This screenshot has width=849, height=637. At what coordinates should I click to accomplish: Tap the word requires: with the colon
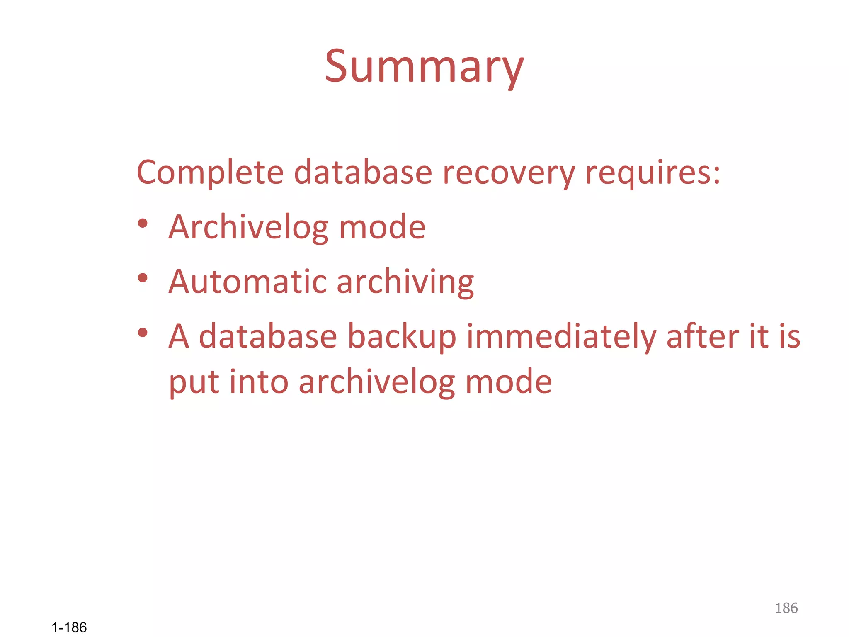pyautogui.click(x=653, y=173)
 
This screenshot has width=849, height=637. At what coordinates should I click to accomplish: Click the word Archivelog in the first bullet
pyautogui.click(x=248, y=227)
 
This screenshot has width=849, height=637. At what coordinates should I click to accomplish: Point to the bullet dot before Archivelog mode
pyautogui.click(x=143, y=224)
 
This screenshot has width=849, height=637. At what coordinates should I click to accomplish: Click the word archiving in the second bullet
pyautogui.click(x=405, y=282)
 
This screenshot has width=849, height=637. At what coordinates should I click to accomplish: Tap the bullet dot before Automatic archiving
pyautogui.click(x=143, y=278)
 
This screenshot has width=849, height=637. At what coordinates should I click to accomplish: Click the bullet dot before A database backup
pyautogui.click(x=143, y=332)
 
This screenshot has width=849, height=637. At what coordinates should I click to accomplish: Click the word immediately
pyautogui.click(x=561, y=336)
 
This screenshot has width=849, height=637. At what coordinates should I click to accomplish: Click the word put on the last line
pyautogui.click(x=194, y=382)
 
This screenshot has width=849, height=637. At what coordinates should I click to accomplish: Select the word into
pyautogui.click(x=259, y=382)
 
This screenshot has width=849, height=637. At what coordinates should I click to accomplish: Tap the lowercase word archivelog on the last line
pyautogui.click(x=377, y=382)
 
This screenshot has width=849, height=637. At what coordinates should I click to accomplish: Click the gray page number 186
pyautogui.click(x=786, y=608)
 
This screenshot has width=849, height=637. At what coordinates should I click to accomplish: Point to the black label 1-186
pyautogui.click(x=69, y=627)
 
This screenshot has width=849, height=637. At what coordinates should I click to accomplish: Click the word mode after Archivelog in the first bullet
pyautogui.click(x=382, y=227)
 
